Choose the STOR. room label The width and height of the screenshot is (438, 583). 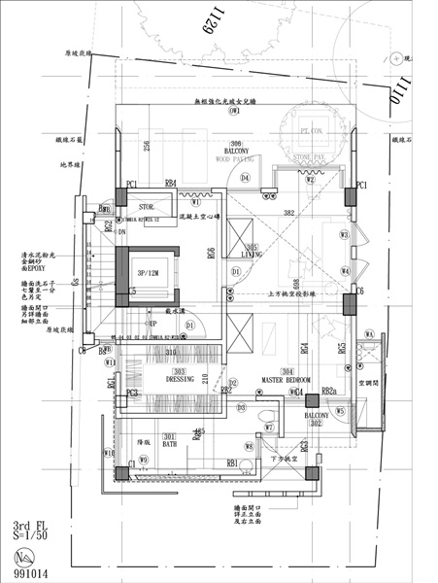click(147, 207)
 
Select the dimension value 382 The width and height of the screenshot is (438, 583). click(288, 211)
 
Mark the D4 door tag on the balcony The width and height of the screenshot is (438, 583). click(246, 178)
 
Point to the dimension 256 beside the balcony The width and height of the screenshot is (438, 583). click(146, 146)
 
